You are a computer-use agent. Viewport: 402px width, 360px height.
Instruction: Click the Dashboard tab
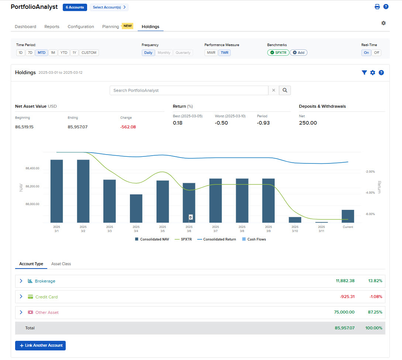pyautogui.click(x=25, y=27)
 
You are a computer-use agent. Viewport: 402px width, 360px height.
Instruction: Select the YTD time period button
pyautogui.click(x=64, y=53)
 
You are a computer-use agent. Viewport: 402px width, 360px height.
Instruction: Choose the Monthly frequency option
pyautogui.click(x=164, y=53)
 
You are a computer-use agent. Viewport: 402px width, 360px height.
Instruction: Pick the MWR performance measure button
pyautogui.click(x=211, y=53)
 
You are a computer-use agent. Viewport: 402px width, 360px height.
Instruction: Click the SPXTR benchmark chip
pyautogui.click(x=278, y=53)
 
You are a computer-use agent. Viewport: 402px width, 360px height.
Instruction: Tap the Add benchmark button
pyautogui.click(x=299, y=53)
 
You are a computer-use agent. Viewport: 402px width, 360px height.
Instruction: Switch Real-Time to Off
pyautogui.click(x=377, y=53)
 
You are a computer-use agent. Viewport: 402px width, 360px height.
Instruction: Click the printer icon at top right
pyautogui.click(x=377, y=7)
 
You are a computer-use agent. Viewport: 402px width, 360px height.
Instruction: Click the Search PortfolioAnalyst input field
pyautogui.click(x=189, y=90)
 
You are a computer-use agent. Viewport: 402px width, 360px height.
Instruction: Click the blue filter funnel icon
pyautogui.click(x=364, y=73)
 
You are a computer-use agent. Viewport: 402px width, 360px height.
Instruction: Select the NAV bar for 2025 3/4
pyautogui.click(x=136, y=208)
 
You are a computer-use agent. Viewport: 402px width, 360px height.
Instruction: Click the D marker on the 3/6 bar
pyautogui.click(x=191, y=217)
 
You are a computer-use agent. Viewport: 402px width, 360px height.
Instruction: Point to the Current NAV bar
pyautogui.click(x=348, y=216)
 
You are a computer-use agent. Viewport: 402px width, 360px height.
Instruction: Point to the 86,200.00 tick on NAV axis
pyautogui.click(x=32, y=187)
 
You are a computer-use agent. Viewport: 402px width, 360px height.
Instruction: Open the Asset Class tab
pyautogui.click(x=61, y=264)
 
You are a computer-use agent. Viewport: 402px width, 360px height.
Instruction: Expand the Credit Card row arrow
pyautogui.click(x=21, y=297)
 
